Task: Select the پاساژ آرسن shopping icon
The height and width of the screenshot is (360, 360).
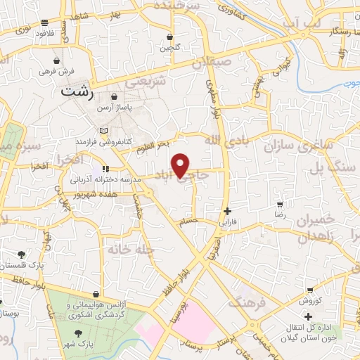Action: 114,98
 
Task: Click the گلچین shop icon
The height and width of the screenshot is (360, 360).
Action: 169,37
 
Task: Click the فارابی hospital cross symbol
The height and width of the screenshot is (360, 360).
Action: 226,211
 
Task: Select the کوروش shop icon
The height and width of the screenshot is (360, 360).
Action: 310,290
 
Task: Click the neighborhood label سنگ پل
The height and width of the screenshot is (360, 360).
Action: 329,169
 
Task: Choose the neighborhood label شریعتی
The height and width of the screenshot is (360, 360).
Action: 146,82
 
